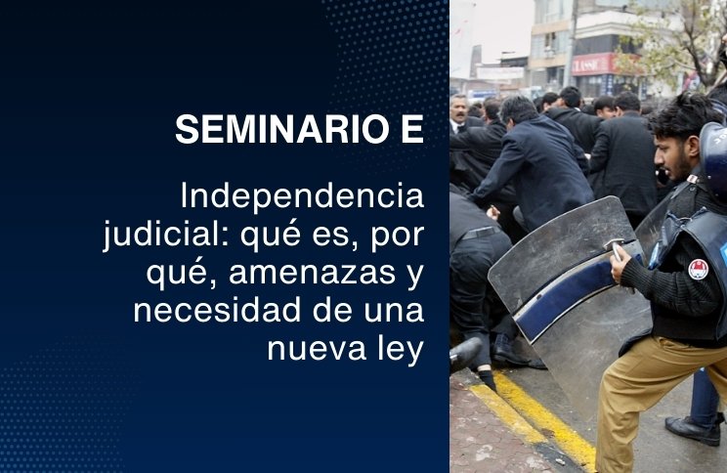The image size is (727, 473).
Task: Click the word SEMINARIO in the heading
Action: click(282, 129)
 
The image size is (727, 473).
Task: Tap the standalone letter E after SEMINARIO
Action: click(412, 129)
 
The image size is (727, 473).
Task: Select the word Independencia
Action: click(302, 197)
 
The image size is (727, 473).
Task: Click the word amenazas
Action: click(313, 273)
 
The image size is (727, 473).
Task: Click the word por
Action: click(398, 236)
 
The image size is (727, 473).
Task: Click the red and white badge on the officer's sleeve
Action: click(698, 270)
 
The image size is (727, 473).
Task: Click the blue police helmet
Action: click(714, 158)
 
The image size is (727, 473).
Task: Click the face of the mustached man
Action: click(458, 110)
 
